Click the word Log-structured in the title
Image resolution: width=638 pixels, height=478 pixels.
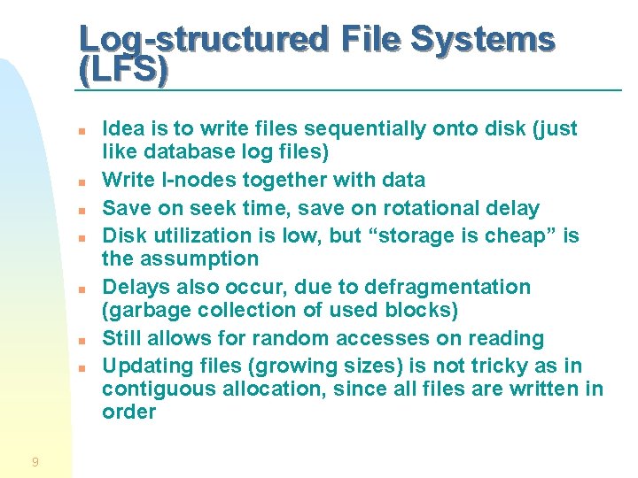(198, 39)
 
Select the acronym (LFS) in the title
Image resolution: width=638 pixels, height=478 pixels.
(122, 70)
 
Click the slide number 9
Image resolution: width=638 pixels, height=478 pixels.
(35, 461)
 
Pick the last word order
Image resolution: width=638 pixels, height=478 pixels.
(128, 412)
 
